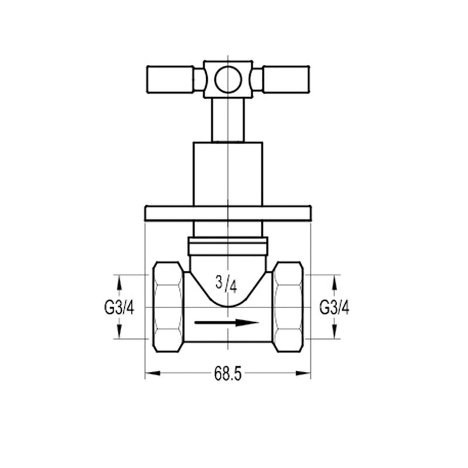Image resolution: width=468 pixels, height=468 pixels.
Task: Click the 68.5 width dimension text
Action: click(x=228, y=374)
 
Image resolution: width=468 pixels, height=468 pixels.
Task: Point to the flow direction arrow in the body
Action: click(x=227, y=323)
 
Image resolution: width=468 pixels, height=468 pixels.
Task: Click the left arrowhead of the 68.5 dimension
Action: click(x=150, y=374)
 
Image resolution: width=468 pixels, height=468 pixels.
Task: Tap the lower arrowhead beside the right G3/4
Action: click(x=335, y=334)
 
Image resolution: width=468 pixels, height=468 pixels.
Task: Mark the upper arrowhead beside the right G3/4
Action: click(x=335, y=279)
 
